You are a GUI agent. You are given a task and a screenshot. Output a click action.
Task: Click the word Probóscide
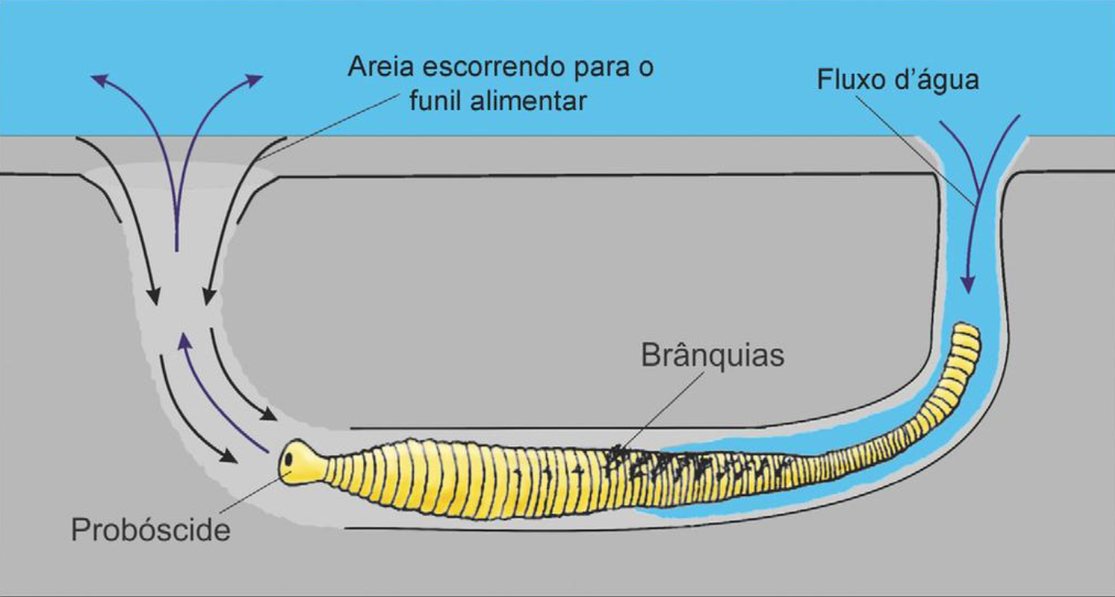coord(151,530)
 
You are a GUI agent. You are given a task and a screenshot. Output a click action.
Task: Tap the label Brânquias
coord(713,355)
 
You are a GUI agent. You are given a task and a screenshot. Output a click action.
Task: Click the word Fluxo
coord(852,79)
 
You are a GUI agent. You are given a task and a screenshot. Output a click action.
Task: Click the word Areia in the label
coord(381,67)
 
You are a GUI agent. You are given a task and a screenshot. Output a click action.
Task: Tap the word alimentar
coord(528,100)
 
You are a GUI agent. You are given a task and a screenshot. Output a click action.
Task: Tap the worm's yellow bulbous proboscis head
coord(302,461)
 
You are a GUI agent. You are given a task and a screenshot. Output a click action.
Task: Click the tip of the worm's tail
coord(967,327)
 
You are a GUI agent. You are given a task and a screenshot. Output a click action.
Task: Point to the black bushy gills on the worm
coord(697,465)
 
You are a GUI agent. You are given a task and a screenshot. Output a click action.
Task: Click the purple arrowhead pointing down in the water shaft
coord(968,285)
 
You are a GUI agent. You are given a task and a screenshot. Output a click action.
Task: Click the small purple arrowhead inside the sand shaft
coord(184,340)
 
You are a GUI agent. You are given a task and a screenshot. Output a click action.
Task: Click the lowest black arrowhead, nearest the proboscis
coord(229,456)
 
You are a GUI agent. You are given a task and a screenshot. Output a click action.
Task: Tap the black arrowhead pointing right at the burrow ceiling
coord(269,414)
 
